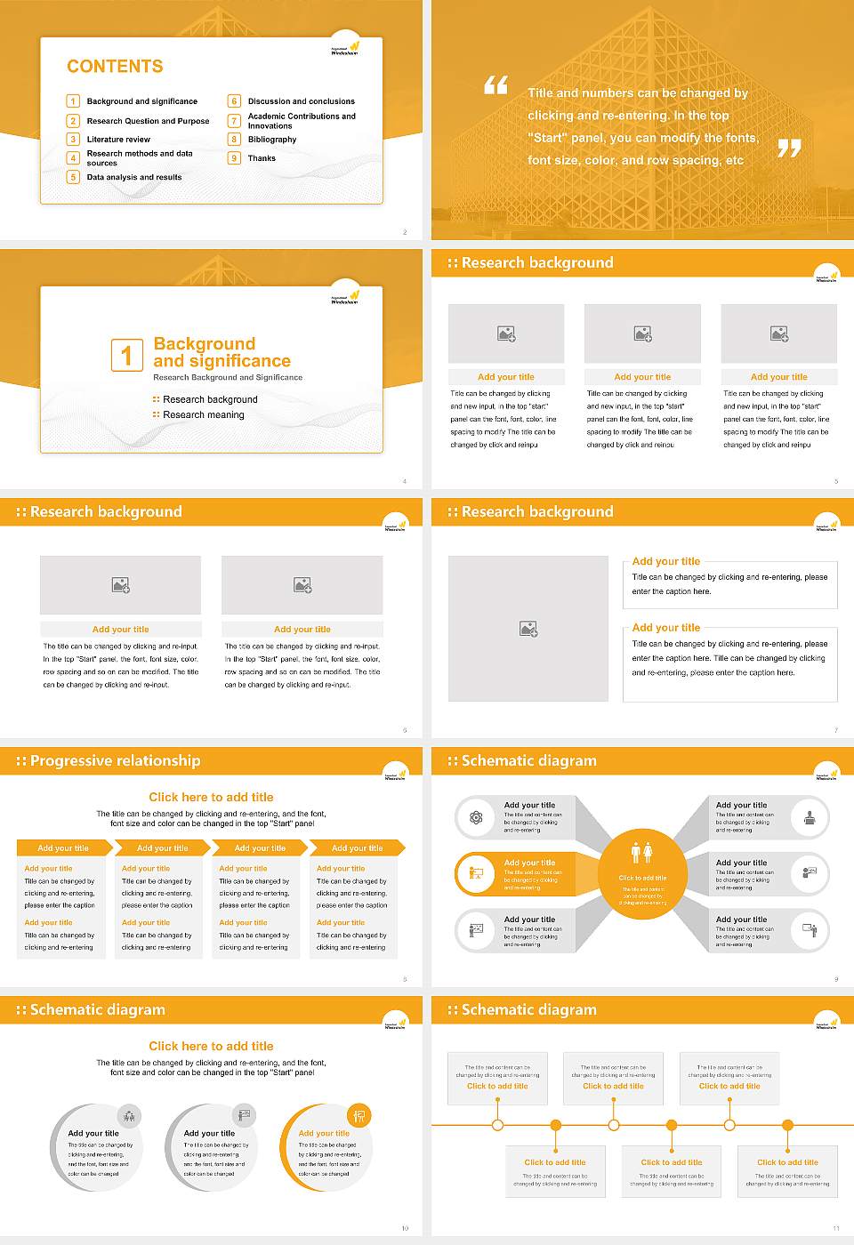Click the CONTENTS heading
[x=115, y=67]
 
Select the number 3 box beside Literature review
[x=73, y=140]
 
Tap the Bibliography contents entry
[x=271, y=140]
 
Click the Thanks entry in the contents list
[x=262, y=158]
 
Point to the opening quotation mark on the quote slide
[x=495, y=85]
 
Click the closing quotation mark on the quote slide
[x=789, y=149]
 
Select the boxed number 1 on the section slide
[x=126, y=355]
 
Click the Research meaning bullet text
[x=203, y=415]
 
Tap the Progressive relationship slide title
[x=115, y=761]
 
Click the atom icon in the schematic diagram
[x=476, y=817]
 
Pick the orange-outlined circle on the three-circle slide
[x=325, y=1147]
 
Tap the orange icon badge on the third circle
[x=359, y=1115]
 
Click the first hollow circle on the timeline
[x=497, y=1125]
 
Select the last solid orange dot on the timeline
[x=787, y=1125]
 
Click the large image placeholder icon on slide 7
[x=528, y=630]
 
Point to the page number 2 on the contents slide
[x=405, y=232]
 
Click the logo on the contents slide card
[x=345, y=48]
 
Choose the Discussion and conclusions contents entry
[x=301, y=101]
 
